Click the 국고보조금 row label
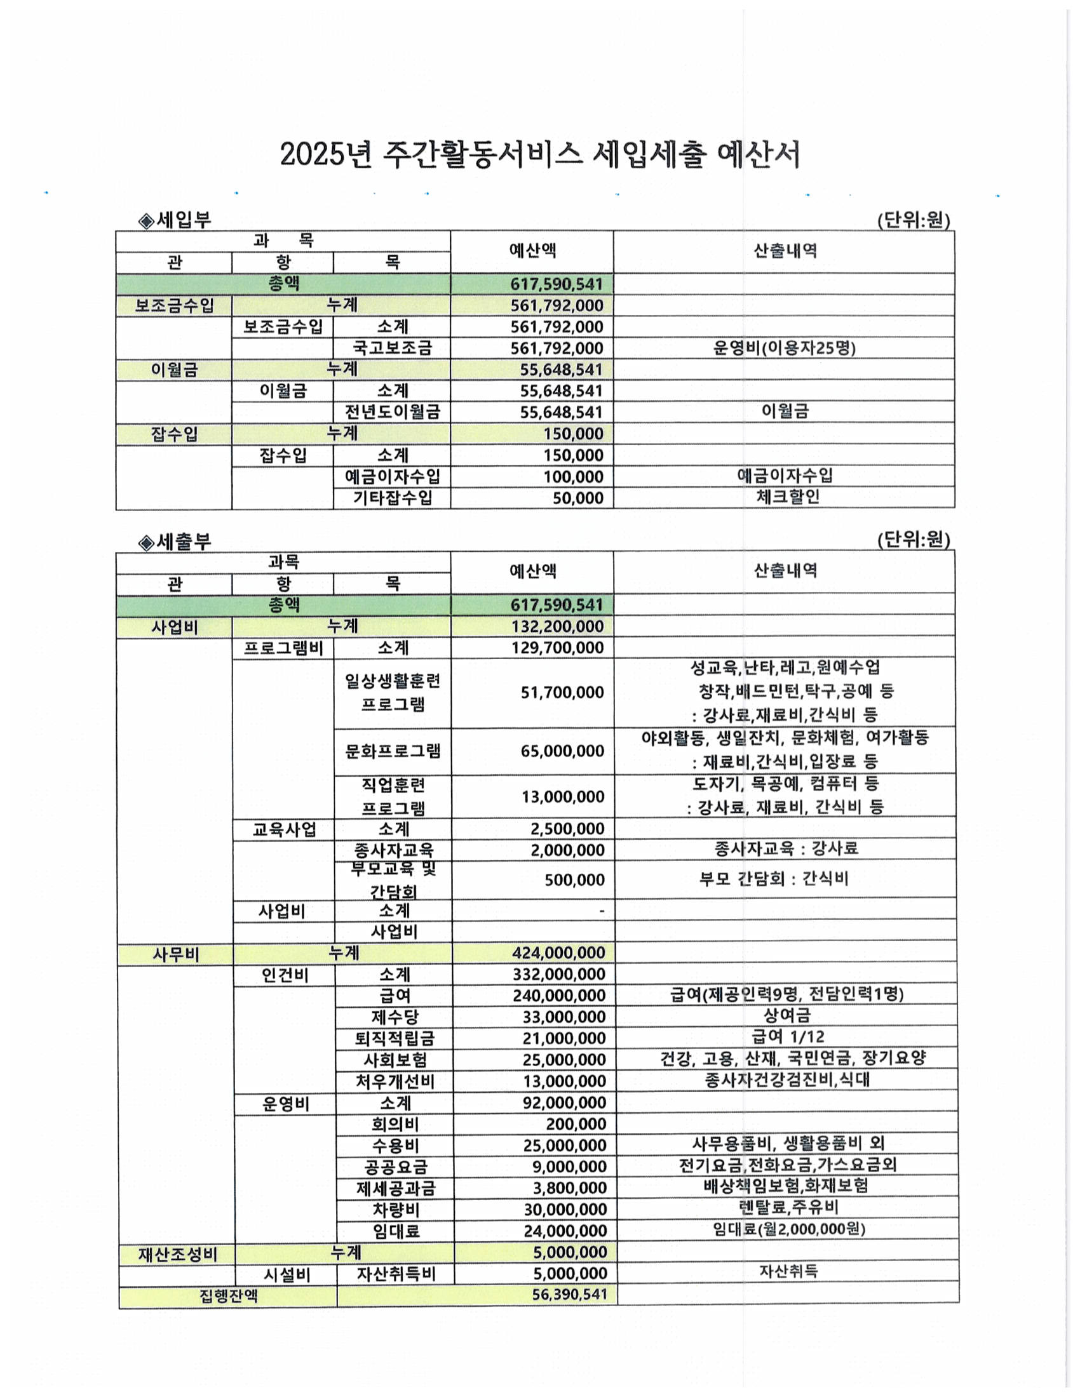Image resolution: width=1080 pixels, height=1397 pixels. pos(392,348)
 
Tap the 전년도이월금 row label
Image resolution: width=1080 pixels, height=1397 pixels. pos(392,411)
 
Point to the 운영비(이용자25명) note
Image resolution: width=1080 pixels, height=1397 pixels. pos(784,348)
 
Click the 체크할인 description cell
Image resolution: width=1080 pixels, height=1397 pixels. pos(788,497)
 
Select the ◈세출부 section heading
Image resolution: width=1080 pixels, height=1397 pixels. pos(175,542)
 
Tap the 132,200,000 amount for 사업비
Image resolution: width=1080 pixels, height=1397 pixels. pos(557,626)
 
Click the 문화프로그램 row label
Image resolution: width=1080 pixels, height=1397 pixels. pos(393,751)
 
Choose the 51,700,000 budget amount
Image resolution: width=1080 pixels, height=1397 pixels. pos(562,692)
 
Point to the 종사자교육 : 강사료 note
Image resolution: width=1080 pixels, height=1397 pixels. pos(786,849)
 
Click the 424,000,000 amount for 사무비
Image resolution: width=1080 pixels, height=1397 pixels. pos(558,953)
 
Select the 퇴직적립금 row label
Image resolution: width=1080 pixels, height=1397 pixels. pos(395,1038)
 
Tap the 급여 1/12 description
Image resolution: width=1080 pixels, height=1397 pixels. pos(788,1037)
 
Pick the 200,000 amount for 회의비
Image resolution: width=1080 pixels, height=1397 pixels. pos(576,1124)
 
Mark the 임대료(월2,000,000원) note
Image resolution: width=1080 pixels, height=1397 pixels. pos(789,1229)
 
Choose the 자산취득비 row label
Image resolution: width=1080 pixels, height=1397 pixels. pos(396,1274)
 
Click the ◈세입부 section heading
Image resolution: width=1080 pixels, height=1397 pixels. pos(175,221)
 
